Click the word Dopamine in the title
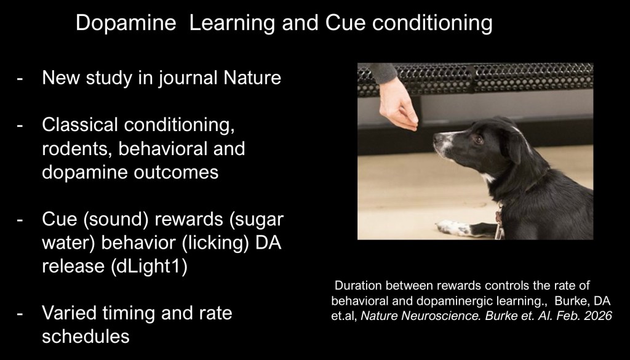(x=126, y=23)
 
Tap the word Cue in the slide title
(x=345, y=23)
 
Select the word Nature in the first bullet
(x=252, y=78)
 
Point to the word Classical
(x=80, y=124)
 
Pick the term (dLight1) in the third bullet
(x=149, y=266)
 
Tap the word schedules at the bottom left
(x=86, y=336)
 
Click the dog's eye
(x=479, y=139)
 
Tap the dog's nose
(x=438, y=139)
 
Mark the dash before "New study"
(x=20, y=79)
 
